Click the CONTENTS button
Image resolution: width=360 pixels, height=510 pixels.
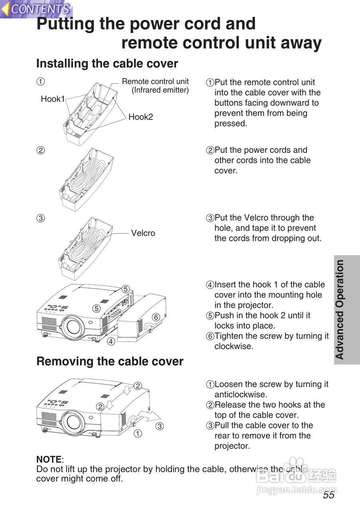pos(36,9)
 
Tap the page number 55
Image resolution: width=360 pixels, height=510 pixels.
pos(329,495)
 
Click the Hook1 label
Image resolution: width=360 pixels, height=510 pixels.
pos(53,99)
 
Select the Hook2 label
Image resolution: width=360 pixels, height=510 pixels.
pos(141,117)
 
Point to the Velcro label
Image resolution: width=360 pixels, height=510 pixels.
pos(143,233)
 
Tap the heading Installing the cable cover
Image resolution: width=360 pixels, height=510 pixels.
pos(107,63)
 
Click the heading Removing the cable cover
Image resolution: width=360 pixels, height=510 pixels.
pos(110,361)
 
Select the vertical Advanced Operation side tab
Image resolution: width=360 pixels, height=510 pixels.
pos(340,310)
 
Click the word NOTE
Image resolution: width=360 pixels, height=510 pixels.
pos(49,459)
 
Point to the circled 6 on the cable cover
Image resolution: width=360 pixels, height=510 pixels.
pos(156,317)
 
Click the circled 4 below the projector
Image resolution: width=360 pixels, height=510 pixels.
pos(111,341)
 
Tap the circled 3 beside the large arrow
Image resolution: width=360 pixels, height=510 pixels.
pos(159,426)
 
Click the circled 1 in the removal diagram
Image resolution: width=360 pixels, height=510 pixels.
pos(138,433)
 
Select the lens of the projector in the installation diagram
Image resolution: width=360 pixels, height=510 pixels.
pos(73,326)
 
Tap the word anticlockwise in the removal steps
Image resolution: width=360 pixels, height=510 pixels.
pos(240,394)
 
